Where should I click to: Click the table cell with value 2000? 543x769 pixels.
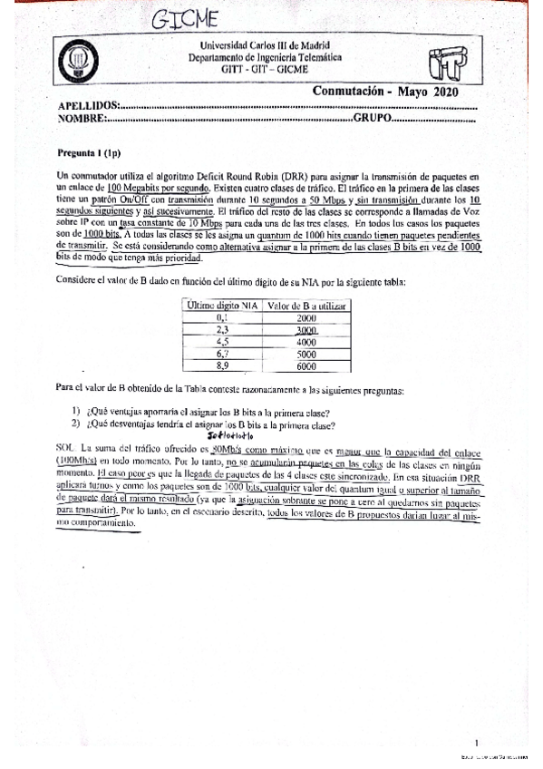(x=306, y=319)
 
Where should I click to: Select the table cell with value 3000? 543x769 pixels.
(x=306, y=332)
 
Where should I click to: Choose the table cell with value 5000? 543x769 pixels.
(x=306, y=355)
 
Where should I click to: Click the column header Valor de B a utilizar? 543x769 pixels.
(x=307, y=307)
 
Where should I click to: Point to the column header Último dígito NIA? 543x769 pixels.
(x=221, y=307)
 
